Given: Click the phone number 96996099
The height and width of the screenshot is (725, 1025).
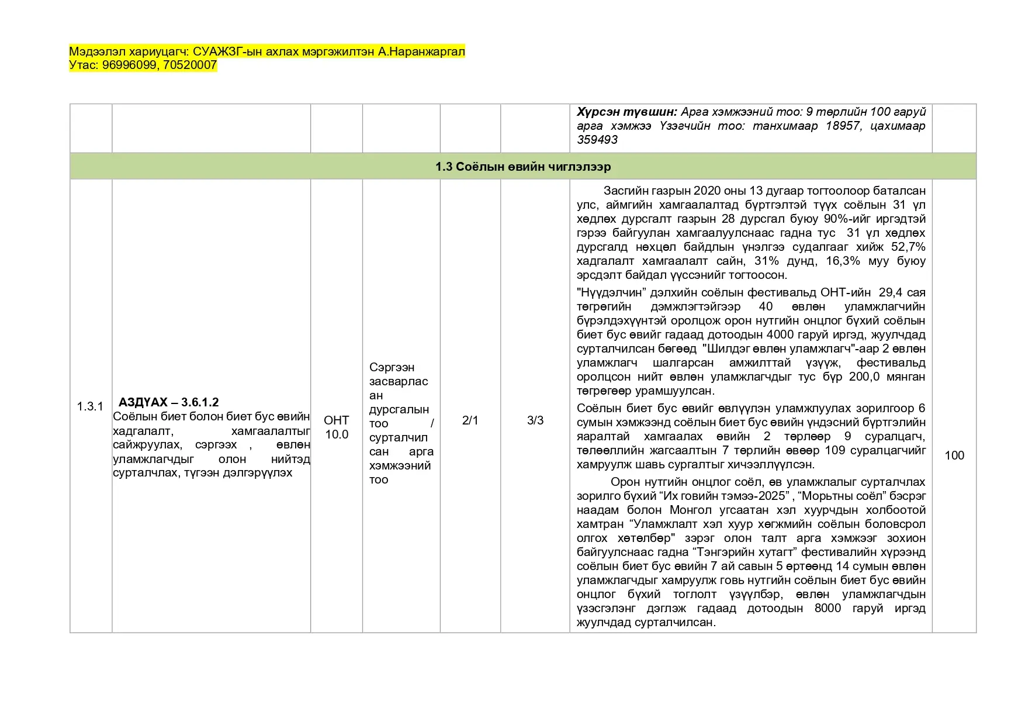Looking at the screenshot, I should click(129, 65).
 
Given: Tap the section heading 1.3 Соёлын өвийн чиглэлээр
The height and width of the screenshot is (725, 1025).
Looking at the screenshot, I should click(522, 167).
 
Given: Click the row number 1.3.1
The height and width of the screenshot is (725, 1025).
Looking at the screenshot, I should click(90, 406).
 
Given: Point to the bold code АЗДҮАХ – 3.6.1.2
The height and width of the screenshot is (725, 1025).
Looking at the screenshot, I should click(168, 402).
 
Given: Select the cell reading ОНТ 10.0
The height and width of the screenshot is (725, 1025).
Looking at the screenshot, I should click(337, 427).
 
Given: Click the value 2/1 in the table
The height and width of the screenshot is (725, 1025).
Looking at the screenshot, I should click(470, 420).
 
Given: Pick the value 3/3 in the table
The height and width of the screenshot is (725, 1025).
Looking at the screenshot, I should click(535, 420).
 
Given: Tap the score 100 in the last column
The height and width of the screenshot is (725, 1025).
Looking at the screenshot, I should click(954, 455).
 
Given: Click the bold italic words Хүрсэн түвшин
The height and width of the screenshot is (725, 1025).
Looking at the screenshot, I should click(626, 112).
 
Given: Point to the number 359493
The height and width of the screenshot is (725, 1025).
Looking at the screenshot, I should click(597, 140).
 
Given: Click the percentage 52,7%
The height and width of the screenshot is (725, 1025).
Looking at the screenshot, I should click(908, 247).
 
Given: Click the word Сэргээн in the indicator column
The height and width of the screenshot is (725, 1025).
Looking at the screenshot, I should click(392, 367).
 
